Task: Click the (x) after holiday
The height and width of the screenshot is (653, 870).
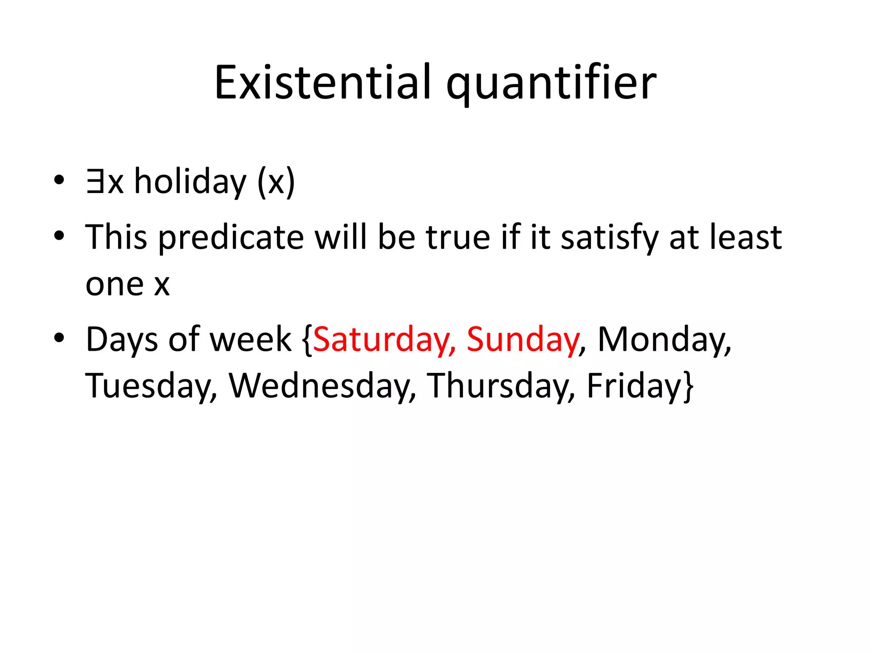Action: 276,182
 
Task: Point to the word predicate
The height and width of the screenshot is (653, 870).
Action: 231,237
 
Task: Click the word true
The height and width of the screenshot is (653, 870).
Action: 458,237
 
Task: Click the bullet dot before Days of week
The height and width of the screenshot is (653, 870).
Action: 59,338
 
